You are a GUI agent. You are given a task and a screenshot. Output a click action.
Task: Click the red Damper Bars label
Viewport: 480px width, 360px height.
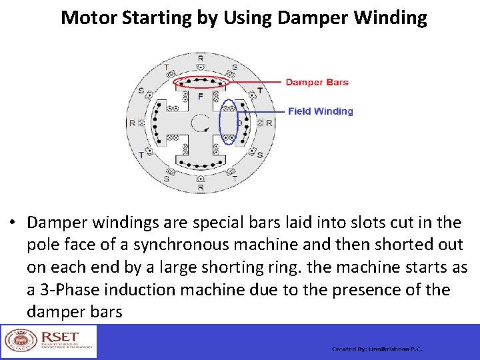317,83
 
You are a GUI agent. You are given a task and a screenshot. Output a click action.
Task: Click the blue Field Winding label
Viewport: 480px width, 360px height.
320,111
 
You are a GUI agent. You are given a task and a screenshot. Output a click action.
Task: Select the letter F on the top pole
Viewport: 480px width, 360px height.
200,97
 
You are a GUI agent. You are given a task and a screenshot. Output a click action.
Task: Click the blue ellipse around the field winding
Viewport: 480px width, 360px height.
229,122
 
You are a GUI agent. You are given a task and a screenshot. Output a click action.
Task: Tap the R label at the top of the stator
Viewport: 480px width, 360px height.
201,59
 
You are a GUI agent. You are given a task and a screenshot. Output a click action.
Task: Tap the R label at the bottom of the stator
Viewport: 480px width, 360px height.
201,187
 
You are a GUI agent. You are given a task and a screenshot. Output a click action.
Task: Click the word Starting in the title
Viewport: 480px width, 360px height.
163,17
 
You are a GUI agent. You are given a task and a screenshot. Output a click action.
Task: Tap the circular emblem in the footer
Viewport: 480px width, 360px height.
17,341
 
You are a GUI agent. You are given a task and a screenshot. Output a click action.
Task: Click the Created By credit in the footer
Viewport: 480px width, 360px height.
377,349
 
